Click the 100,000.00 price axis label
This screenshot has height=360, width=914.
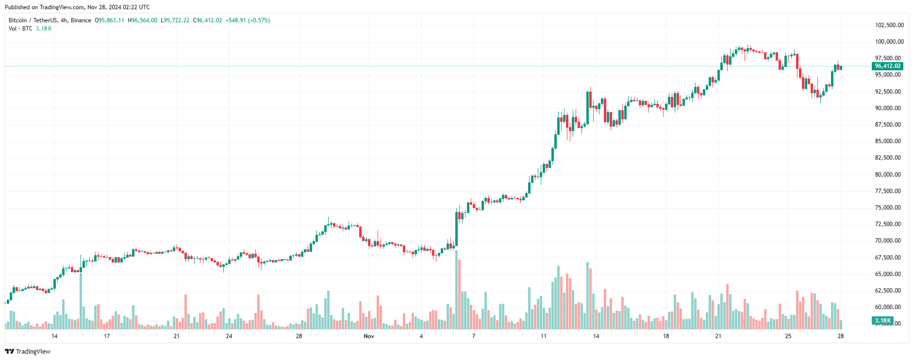(x=889, y=42)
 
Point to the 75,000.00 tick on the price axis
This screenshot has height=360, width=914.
(x=888, y=208)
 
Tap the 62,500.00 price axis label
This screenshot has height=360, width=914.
(x=888, y=291)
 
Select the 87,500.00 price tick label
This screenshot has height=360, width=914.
(x=888, y=125)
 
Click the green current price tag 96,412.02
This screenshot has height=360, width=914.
(x=887, y=66)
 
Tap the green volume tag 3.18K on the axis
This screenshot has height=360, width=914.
(x=882, y=321)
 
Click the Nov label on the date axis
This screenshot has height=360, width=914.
(x=369, y=336)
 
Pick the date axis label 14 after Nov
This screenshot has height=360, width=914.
(x=596, y=336)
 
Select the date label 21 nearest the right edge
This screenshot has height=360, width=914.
(x=718, y=336)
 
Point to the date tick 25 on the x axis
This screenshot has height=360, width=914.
(x=788, y=336)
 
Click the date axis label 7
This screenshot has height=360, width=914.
(x=474, y=336)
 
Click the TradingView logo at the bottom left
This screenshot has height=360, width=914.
(x=28, y=351)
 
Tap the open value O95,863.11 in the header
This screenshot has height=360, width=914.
(x=109, y=20)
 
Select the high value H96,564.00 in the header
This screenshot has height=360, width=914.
(x=142, y=20)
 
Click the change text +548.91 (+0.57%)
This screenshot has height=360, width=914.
(x=248, y=20)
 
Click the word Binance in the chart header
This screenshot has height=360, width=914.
(x=81, y=20)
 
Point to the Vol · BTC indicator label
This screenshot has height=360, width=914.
(x=20, y=29)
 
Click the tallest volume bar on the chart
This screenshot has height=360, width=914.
(x=456, y=291)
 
